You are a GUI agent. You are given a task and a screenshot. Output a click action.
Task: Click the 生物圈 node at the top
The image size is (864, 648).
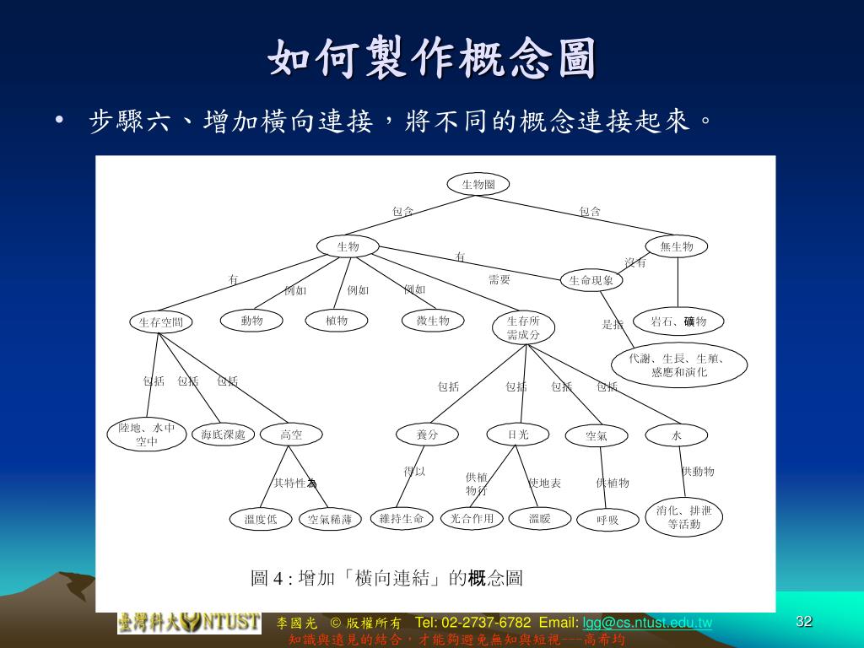478,184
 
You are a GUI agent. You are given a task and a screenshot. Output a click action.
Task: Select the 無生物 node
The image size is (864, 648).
677,246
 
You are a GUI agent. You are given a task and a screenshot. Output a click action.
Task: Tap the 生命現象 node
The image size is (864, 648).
591,280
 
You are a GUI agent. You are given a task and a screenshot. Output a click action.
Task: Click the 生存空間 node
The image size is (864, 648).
160,321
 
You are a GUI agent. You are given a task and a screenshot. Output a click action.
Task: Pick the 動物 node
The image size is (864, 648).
251,321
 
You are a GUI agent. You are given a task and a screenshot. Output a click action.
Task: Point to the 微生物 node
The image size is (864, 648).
433,321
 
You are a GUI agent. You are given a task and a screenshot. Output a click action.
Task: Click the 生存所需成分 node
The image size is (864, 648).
523,328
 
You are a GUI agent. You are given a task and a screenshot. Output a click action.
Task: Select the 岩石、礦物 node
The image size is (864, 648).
678,321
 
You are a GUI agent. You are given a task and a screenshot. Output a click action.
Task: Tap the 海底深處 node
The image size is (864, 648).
223,435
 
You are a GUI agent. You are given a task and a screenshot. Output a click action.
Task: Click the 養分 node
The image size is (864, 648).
427,435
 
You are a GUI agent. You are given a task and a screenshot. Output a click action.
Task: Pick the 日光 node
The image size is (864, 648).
518,435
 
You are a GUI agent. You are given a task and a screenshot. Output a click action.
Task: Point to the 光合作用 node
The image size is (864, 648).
472,518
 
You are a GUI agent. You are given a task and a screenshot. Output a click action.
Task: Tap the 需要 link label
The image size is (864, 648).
499,280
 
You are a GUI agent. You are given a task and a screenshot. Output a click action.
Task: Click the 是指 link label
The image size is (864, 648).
613,325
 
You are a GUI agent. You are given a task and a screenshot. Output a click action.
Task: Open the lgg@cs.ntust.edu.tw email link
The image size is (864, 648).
647,623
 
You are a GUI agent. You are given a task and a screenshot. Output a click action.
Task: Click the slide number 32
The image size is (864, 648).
804,622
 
